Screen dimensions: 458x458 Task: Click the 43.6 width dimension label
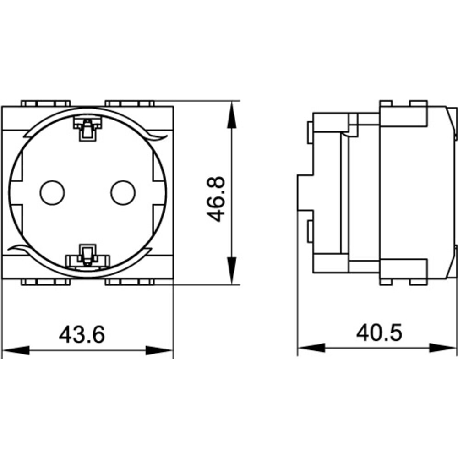[x=82, y=334]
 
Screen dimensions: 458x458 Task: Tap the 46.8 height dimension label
[x=216, y=199]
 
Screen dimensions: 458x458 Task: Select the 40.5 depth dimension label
[x=379, y=333]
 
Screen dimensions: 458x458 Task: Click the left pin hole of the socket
[x=52, y=192]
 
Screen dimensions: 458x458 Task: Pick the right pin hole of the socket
[x=123, y=192]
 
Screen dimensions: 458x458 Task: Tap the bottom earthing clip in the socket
[x=87, y=257]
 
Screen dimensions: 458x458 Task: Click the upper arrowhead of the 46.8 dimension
[x=232, y=115]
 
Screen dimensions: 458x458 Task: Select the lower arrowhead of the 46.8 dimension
[x=232, y=271]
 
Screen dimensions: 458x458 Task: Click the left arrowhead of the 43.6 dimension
[x=16, y=350]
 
